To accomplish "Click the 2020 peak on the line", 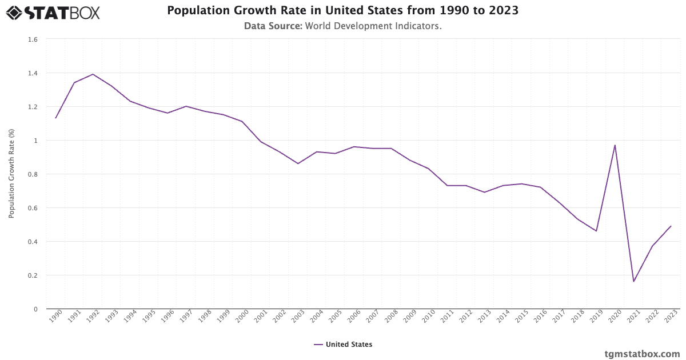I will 615,145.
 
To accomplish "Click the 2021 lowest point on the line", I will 633,281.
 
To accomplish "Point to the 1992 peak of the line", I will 93,74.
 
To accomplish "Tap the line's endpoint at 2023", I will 671,226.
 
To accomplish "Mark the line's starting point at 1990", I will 55,118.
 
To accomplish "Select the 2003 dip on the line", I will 298,163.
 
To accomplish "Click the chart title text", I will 343,11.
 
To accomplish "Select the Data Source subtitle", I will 343,26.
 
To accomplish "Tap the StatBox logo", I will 53,12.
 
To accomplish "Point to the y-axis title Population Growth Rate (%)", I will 11,174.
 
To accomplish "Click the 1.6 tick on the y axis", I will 33,39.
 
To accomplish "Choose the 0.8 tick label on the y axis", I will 33,174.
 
